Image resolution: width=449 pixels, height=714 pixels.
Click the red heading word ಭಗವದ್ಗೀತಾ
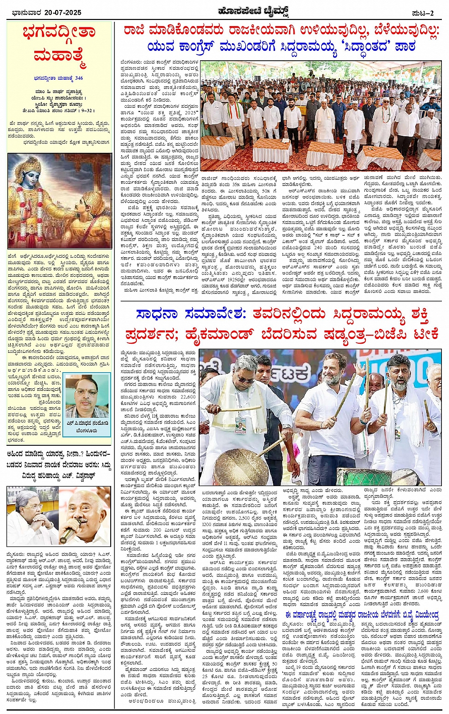tap(58, 33)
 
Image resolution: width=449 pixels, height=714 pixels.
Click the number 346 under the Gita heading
tap(78, 78)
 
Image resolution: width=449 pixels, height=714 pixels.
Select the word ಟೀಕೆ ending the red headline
tap(420, 334)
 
